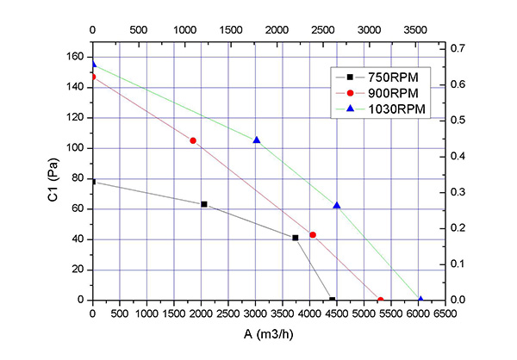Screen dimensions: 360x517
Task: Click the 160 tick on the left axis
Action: pyautogui.click(x=76, y=57)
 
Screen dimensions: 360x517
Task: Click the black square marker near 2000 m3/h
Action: pyautogui.click(x=204, y=204)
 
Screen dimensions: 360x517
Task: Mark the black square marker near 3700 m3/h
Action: pyautogui.click(x=296, y=238)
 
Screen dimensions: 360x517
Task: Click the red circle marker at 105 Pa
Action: pyautogui.click(x=193, y=140)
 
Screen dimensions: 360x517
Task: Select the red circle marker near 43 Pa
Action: pyautogui.click(x=313, y=235)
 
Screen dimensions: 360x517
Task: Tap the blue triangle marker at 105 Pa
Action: pyautogui.click(x=257, y=140)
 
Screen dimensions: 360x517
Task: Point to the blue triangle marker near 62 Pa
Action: pyautogui.click(x=337, y=205)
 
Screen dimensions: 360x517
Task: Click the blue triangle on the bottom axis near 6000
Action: pyautogui.click(x=420, y=300)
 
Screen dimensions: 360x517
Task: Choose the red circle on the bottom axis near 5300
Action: pyautogui.click(x=380, y=300)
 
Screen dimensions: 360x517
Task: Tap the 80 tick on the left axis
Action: pyautogui.click(x=78, y=178)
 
